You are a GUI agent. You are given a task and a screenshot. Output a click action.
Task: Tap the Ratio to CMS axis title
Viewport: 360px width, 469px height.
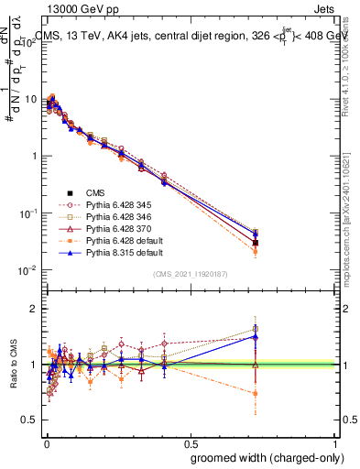click(12, 366)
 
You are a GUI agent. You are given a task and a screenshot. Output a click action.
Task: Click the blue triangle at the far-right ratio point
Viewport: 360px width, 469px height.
click(256, 336)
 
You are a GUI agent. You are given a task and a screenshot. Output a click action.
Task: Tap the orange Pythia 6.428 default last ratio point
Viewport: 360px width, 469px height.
click(256, 394)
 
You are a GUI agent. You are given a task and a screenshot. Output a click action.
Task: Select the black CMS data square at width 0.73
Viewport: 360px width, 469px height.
click(256, 243)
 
